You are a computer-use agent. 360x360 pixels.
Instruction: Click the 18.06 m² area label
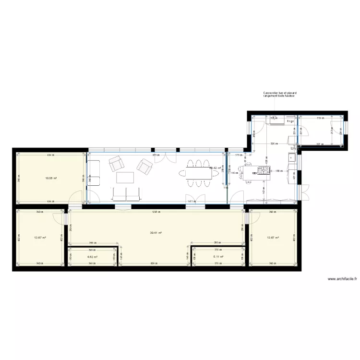(x=51, y=178)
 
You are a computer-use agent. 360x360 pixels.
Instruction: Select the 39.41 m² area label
(x=156, y=233)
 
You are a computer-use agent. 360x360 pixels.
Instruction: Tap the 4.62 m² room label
(x=92, y=257)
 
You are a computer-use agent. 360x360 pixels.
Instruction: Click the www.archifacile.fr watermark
(x=342, y=279)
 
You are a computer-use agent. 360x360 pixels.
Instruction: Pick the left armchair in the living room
(x=116, y=164)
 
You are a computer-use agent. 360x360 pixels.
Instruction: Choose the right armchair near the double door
(x=144, y=166)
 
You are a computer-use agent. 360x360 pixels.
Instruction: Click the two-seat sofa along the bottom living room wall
(x=125, y=193)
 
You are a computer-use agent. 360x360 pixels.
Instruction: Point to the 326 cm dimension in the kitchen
(x=273, y=143)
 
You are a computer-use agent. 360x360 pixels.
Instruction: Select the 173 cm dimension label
(x=238, y=155)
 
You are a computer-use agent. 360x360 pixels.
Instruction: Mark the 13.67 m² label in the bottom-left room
(x=39, y=238)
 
